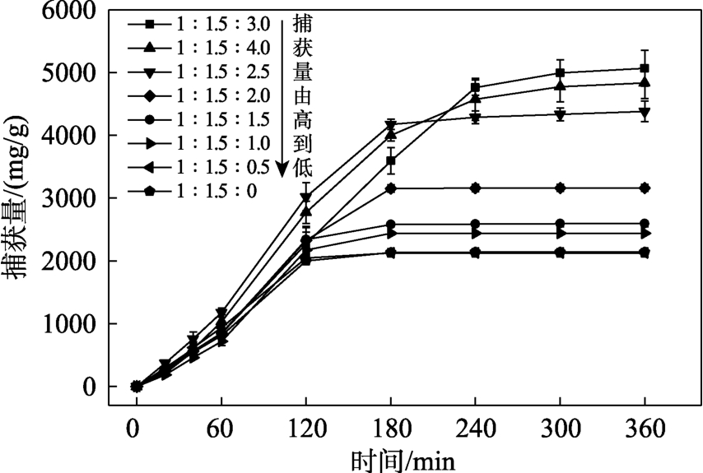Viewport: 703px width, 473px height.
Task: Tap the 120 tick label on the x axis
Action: pyautogui.click(x=305, y=428)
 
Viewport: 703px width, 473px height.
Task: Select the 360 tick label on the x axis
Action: pyautogui.click(x=644, y=428)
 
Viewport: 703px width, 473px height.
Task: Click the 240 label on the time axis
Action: pyautogui.click(x=475, y=428)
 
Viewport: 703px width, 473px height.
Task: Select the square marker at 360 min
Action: pyautogui.click(x=644, y=68)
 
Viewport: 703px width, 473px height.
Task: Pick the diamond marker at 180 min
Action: pyautogui.click(x=391, y=188)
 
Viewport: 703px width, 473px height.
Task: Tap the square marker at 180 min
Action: pyautogui.click(x=391, y=160)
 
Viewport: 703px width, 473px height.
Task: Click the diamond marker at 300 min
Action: pyautogui.click(x=560, y=188)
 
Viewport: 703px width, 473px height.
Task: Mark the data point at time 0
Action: pyautogui.click(x=137, y=387)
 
